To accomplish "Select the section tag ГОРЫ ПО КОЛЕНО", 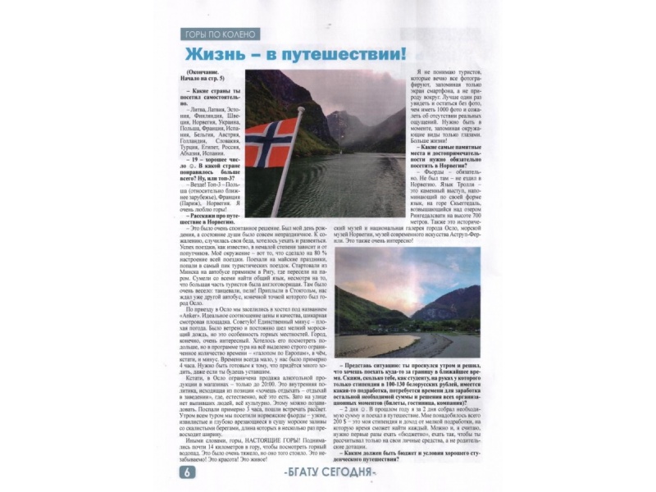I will point(221,35).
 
